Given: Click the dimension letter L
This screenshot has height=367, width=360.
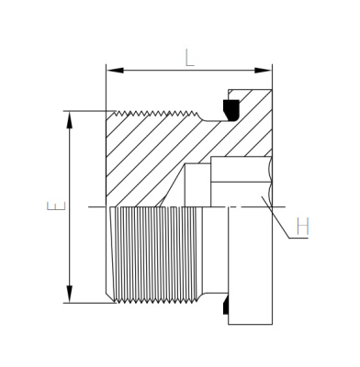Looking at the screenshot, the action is (189, 58).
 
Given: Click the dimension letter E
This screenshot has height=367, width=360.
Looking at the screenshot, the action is (56, 206).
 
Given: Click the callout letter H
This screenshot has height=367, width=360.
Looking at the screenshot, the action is (303, 226).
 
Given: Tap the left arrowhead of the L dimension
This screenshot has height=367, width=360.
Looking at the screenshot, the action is (116, 71).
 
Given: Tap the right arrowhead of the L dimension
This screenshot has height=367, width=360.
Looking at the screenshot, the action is (263, 71).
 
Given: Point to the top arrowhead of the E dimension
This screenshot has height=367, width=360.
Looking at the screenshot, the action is (70, 120).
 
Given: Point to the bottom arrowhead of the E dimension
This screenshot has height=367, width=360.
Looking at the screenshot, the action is (70, 294).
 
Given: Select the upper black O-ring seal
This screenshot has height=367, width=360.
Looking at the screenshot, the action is (231, 109).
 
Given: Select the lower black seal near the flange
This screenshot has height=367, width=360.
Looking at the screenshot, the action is (226, 306).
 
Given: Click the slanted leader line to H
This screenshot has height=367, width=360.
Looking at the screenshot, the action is (276, 217).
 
